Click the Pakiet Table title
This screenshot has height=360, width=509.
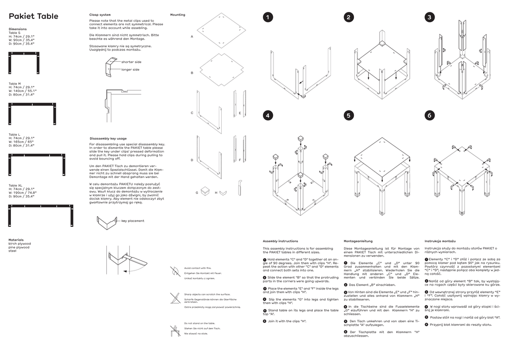click(x=33, y=16)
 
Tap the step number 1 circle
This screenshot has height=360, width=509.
click(x=268, y=17)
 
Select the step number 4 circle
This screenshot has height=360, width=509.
click(x=268, y=115)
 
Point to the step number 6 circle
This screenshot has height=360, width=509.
click(x=429, y=115)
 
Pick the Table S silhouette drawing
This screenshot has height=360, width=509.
click(x=23, y=62)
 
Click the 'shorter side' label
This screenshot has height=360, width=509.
click(x=131, y=62)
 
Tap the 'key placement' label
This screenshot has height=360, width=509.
click(x=133, y=221)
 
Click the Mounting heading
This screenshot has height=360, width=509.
click(x=177, y=15)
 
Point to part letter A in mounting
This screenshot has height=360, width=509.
click(x=192, y=37)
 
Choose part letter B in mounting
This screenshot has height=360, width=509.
click(x=192, y=73)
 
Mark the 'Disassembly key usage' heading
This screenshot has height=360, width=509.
click(x=108, y=138)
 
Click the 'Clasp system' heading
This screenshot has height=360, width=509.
click(x=100, y=15)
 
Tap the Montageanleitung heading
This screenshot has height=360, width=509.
click(x=359, y=241)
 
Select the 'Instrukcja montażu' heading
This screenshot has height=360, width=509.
click(x=440, y=241)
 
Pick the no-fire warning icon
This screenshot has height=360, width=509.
click(x=175, y=271)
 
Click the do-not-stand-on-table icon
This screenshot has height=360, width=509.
click(x=174, y=330)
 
